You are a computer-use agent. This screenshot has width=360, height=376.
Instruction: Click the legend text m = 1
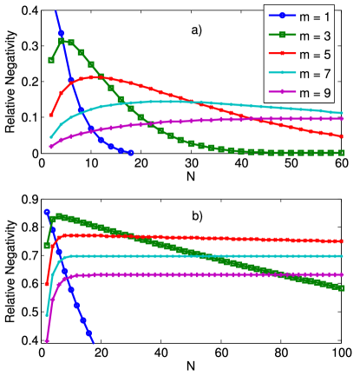pyautogui.click(x=324, y=15)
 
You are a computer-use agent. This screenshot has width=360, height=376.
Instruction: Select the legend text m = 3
pyautogui.click(x=324, y=34)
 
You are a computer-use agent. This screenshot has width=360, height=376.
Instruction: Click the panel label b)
pyautogui.click(x=197, y=215)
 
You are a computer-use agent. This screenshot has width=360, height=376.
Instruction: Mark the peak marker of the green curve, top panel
pyautogui.click(x=62, y=41)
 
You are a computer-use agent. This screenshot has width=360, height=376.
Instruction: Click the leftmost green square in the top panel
pyautogui.click(x=51, y=61)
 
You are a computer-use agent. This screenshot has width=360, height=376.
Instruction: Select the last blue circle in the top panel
pyautogui.click(x=130, y=152)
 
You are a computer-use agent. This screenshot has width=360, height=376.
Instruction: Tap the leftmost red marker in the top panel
pyautogui.click(x=51, y=115)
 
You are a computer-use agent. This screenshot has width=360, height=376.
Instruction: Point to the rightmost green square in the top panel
pyautogui.click(x=343, y=153)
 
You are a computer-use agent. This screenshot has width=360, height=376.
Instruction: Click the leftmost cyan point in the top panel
pyautogui.click(x=51, y=136)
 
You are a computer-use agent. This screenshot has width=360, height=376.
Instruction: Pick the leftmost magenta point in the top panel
pyautogui.click(x=51, y=147)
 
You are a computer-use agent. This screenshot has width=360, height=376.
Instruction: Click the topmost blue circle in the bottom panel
pyautogui.click(x=47, y=212)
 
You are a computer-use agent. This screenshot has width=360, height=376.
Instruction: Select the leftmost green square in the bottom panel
pyautogui.click(x=47, y=246)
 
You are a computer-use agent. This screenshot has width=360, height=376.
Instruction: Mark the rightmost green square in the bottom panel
pyautogui.click(x=344, y=287)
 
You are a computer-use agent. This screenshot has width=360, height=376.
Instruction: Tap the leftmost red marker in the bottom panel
pyautogui.click(x=47, y=283)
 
